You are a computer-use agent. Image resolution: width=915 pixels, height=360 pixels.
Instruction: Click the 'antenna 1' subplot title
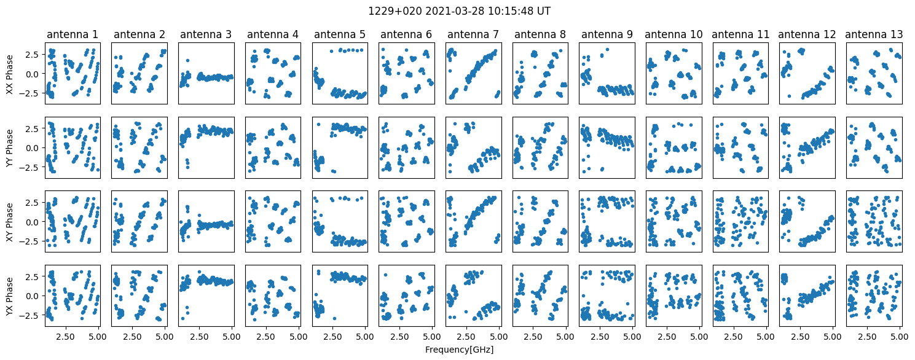[72, 35]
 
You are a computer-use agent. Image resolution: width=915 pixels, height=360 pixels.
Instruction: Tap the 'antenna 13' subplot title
[874, 35]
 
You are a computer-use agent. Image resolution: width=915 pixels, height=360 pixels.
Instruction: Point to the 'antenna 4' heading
[272, 35]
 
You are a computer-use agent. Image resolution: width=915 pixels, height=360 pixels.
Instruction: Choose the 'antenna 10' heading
[673, 35]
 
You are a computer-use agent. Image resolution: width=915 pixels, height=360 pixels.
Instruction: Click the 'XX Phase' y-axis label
[9, 73]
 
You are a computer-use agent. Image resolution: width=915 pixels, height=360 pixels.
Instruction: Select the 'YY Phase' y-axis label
[9, 147]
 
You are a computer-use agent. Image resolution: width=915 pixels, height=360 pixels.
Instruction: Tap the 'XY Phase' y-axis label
[9, 221]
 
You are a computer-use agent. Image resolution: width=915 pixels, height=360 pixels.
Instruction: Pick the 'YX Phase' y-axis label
[9, 295]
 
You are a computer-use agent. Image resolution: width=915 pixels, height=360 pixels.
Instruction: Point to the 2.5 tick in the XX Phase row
[31, 55]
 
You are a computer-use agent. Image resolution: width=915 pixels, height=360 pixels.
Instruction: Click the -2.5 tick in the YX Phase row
[29, 315]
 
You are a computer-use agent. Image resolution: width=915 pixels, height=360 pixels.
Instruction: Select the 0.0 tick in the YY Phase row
[31, 147]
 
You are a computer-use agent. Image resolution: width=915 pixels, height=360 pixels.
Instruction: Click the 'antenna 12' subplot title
[807, 35]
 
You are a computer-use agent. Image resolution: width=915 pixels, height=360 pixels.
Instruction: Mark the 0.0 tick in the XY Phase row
[31, 222]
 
